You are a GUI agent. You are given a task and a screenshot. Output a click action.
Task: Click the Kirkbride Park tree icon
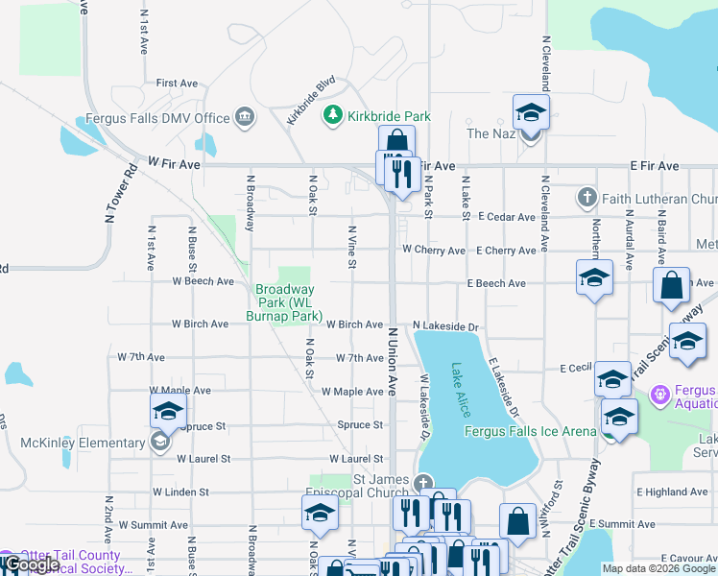[x=333, y=116]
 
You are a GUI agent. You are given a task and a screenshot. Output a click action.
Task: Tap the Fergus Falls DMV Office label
[x=158, y=118]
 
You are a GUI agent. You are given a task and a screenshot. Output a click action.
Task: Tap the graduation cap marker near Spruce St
[x=168, y=412]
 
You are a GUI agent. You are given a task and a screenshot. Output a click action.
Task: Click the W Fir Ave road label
[x=174, y=165]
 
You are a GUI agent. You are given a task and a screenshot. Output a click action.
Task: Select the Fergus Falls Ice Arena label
[x=530, y=432]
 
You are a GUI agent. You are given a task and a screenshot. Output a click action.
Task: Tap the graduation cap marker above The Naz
[x=531, y=113]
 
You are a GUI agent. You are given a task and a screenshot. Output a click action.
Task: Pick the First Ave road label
[x=176, y=84]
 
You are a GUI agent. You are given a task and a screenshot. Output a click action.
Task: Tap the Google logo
[x=31, y=564]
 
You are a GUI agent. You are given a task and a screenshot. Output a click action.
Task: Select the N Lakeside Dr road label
[x=445, y=327]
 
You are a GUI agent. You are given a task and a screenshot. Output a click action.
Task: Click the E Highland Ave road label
[x=672, y=492]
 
